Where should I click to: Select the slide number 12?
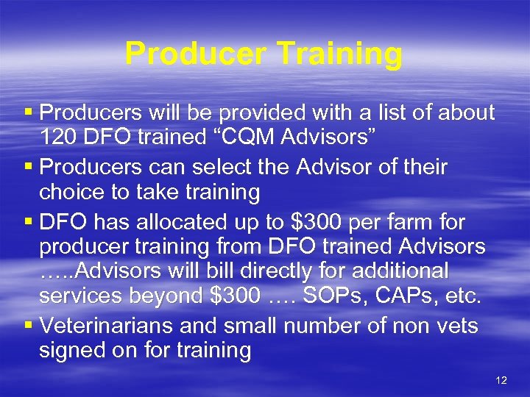pyautogui.click(x=501, y=380)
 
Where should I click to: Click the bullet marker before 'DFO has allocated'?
pyautogui.click(x=29, y=221)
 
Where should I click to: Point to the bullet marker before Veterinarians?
pyautogui.click(x=29, y=324)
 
